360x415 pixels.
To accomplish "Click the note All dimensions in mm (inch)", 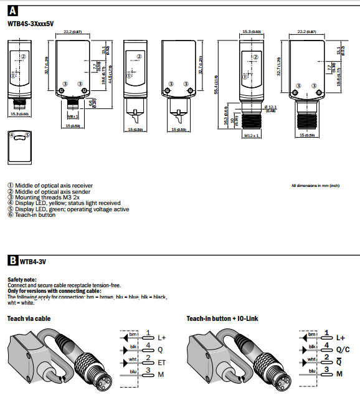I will (315, 186).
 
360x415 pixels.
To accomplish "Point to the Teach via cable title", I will (29, 318).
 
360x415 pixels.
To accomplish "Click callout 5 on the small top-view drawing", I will (27, 134).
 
